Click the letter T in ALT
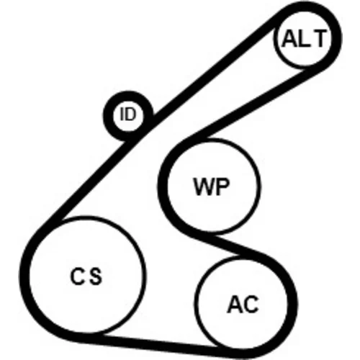[319, 38]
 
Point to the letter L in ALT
[303, 38]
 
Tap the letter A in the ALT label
[289, 38]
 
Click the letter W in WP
[204, 186]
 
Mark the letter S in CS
[95, 276]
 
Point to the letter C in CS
[77, 276]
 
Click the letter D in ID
[132, 114]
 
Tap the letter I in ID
[122, 114]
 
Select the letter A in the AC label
[235, 305]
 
